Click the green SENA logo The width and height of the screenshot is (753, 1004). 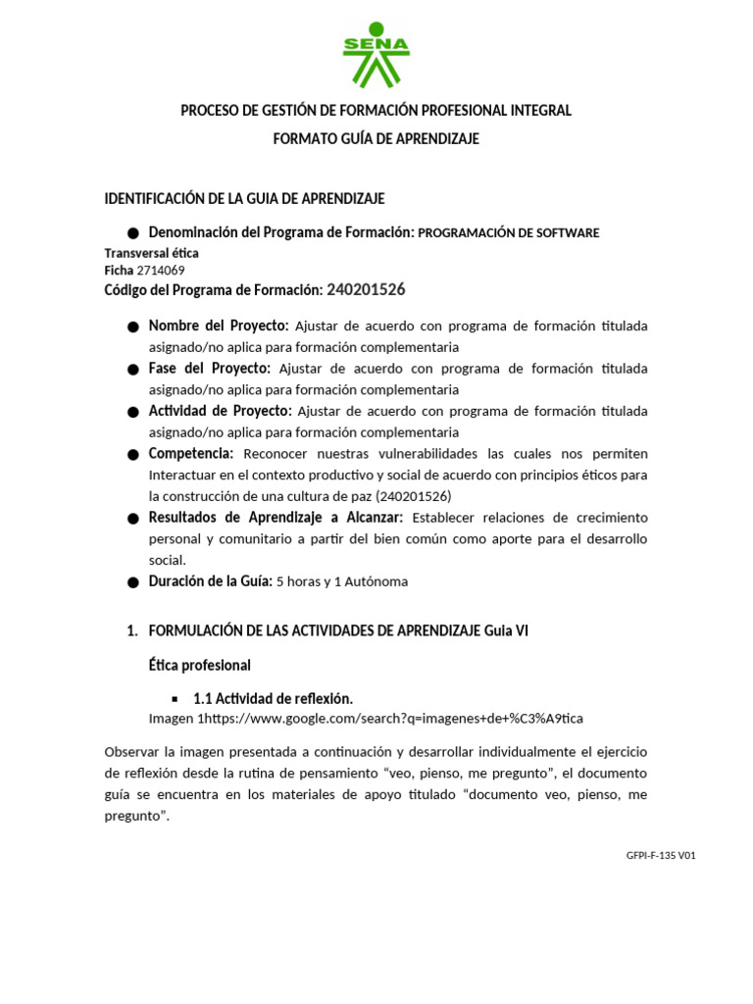pos(376,54)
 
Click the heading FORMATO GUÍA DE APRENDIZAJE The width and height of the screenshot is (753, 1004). pos(376,139)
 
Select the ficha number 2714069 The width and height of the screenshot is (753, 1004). pos(161,270)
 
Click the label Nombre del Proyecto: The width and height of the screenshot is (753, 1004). pos(219,326)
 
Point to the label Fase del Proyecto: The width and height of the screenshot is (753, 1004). pos(210,369)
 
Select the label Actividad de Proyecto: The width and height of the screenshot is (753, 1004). pos(220,411)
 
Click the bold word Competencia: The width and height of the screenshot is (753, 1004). pos(191,454)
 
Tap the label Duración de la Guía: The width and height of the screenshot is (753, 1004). pos(209,580)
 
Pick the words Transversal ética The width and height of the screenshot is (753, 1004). pos(151,253)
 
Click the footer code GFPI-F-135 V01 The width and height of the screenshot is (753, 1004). pos(661,855)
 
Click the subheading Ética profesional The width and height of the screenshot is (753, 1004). pos(199,665)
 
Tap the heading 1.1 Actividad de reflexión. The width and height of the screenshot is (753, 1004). pos(273,698)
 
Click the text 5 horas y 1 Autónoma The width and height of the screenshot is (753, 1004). pos(341,581)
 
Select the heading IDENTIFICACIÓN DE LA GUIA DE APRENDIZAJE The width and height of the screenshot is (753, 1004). pos(244,199)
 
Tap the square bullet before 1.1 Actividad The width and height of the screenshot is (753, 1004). pos(175,699)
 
